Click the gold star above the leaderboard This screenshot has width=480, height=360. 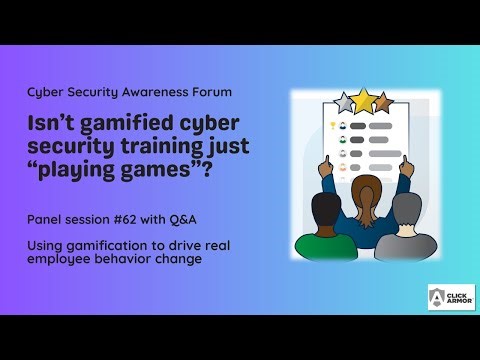(365, 101)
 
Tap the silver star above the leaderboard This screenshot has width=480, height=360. (344, 103)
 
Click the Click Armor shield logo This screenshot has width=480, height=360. (437, 298)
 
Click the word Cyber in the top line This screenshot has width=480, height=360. (45, 92)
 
